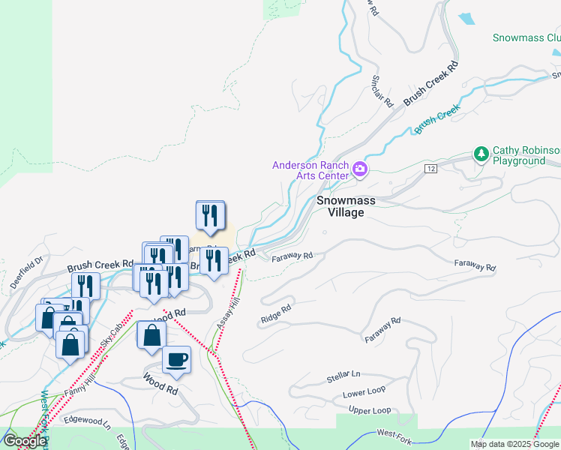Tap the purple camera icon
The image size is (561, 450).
pos(360,169)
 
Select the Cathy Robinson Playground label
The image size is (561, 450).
pos(525,155)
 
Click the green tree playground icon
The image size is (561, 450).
pos(481,154)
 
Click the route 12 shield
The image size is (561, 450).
pos(430,169)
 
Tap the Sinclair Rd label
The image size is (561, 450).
pos(382,91)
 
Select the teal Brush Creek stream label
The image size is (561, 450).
pos(436,120)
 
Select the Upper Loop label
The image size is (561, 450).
pos(370,410)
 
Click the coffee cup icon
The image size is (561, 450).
pos(176,359)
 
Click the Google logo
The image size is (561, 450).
pos(25,441)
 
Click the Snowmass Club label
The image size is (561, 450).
pos(526,37)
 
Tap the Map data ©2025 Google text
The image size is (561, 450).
pos(514,444)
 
